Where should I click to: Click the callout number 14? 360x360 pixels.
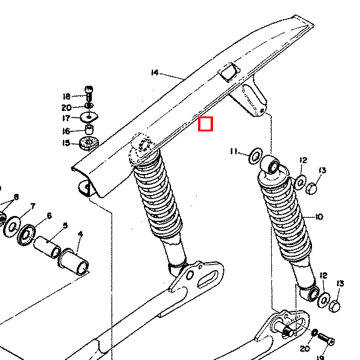point(155,73)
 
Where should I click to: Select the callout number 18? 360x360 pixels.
point(67,97)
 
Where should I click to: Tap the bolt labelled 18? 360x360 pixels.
point(89,94)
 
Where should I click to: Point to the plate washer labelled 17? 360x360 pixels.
point(89,117)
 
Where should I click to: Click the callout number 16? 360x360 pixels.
point(66,131)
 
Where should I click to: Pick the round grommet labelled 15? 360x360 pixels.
point(89,143)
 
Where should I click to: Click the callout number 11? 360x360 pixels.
point(234,151)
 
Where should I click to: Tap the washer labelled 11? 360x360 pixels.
point(256,156)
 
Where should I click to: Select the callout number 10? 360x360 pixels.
point(319,217)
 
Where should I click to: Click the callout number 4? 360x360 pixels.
point(80,234)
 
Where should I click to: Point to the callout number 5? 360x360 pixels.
point(65,226)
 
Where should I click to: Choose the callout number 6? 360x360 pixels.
point(49,215)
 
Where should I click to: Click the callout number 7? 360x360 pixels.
point(33,206)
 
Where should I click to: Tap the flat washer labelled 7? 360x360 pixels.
point(12,227)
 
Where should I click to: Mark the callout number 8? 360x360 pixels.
point(16,197)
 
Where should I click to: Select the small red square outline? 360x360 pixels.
point(205,124)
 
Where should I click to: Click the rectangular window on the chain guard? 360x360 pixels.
point(229,73)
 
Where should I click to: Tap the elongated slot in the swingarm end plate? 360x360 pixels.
point(208,279)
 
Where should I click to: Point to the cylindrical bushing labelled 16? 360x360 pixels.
point(89,129)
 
